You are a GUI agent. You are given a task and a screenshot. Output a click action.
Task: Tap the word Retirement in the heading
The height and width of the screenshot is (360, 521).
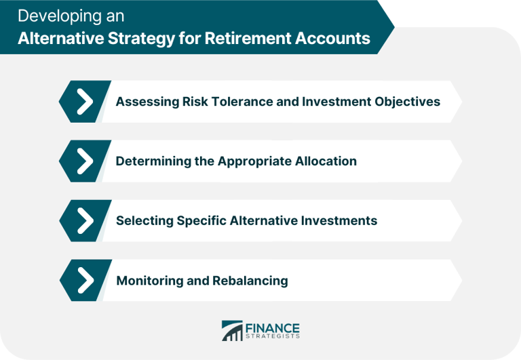pos(247,38)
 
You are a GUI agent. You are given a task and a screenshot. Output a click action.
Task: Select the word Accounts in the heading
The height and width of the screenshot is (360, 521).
pos(332,38)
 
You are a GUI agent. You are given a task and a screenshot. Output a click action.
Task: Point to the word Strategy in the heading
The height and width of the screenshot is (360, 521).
pos(141,39)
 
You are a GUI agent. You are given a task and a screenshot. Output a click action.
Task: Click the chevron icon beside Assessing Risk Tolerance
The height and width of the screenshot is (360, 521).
pos(85,102)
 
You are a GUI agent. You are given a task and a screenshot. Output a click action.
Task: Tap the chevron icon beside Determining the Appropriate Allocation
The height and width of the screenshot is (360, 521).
pos(85,161)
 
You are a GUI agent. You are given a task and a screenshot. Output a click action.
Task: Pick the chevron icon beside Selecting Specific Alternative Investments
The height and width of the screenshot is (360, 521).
pos(85,221)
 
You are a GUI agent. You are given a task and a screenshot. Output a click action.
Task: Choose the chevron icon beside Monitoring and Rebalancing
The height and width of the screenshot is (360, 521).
pos(85,281)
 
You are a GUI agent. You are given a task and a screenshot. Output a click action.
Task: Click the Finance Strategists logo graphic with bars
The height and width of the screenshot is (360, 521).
pos(232,331)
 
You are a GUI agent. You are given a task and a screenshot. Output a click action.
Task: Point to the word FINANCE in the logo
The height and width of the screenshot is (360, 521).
pos(273,328)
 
